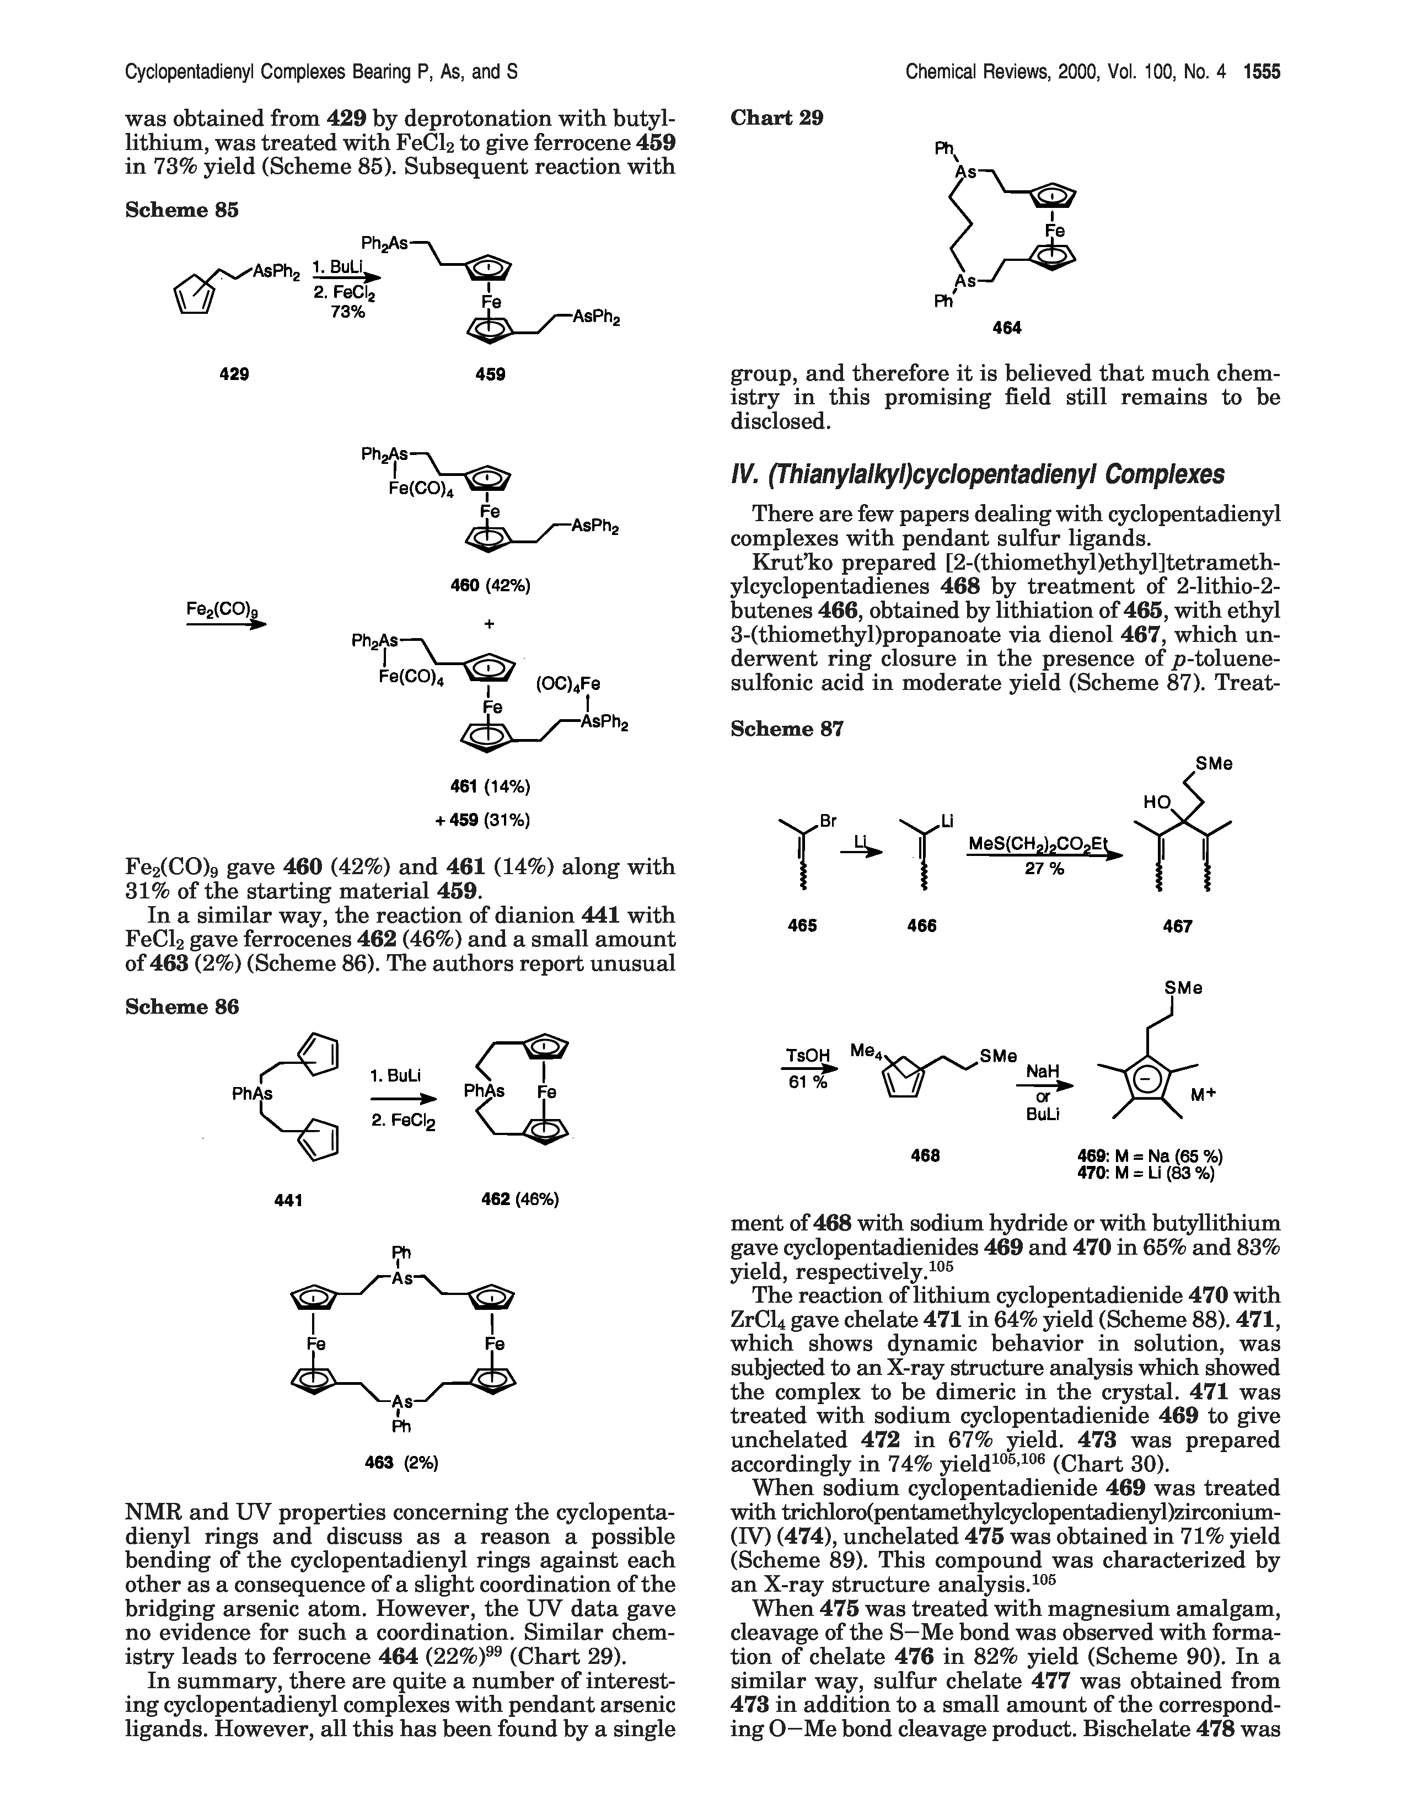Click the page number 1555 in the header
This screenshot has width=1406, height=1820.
tap(1261, 72)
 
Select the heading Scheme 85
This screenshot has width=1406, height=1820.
tap(181, 210)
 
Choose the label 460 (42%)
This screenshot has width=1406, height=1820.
tap(490, 586)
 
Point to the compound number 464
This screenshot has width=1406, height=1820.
tap(1007, 328)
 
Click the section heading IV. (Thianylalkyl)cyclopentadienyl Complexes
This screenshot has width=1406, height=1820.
tap(977, 475)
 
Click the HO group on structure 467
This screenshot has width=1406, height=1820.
tap(1156, 802)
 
